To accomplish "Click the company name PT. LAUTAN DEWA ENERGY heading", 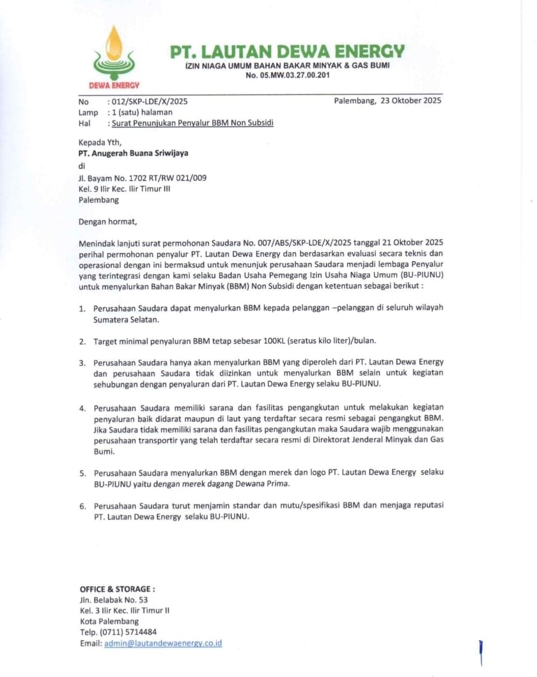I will (x=287, y=51).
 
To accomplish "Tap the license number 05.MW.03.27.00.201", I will (x=287, y=76).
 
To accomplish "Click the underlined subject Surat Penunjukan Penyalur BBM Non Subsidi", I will (x=192, y=122).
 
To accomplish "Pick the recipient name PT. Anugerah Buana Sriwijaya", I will (x=133, y=153).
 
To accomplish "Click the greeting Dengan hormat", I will (x=107, y=222).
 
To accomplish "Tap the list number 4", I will (x=82, y=408).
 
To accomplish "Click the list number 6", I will (x=82, y=506).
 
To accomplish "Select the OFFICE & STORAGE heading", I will (x=117, y=589).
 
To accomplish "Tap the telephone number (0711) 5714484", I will (x=127, y=632).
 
